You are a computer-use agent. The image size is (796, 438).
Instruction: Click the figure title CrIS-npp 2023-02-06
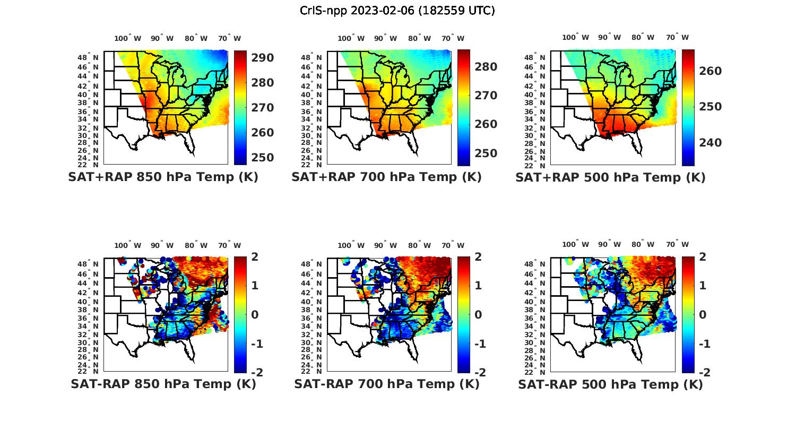point(397,11)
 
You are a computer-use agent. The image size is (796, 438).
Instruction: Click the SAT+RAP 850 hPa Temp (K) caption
point(163,177)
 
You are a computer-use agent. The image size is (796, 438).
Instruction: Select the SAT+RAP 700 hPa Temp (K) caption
point(386,177)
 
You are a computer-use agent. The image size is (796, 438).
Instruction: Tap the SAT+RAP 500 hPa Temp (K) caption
point(610,177)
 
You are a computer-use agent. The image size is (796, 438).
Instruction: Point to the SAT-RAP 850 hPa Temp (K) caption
point(163,384)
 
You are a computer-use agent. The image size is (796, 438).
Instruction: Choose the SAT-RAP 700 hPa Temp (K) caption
point(386,384)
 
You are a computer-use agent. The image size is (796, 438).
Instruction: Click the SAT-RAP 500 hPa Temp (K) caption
point(610,384)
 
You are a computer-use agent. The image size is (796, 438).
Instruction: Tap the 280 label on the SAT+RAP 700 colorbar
point(486,67)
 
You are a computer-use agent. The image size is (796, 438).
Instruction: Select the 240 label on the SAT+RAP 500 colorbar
point(710,143)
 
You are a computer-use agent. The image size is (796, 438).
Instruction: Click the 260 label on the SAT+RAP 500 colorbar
point(710,71)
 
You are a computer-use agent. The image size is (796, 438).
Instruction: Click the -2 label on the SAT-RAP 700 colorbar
point(474,372)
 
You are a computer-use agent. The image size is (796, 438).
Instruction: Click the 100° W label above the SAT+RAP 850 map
point(127,38)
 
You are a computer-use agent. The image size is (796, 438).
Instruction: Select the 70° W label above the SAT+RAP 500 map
point(677,37)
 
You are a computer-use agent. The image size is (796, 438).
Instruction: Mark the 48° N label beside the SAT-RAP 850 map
point(89,264)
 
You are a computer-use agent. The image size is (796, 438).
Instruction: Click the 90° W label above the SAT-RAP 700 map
point(385,245)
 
